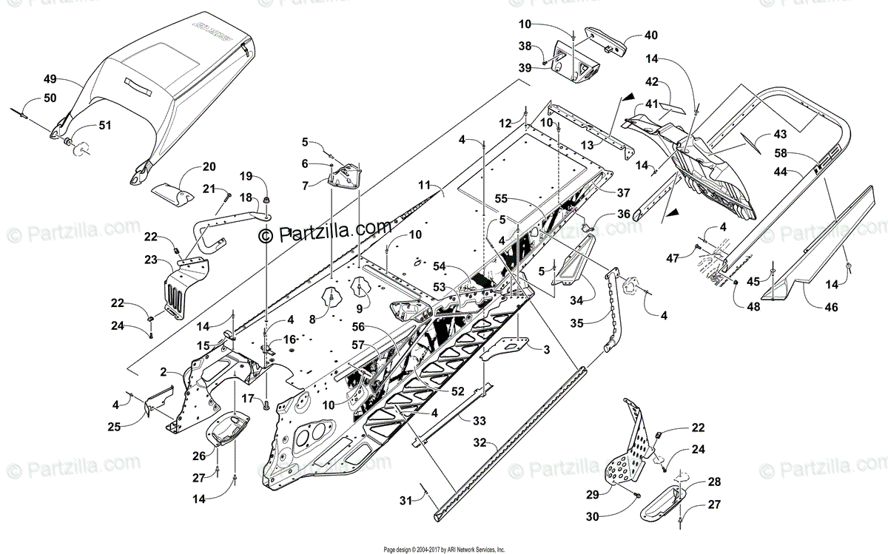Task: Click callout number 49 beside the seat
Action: (50, 78)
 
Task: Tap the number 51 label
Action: (104, 125)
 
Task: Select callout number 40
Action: (650, 35)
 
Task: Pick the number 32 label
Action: (480, 443)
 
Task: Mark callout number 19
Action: (246, 176)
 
